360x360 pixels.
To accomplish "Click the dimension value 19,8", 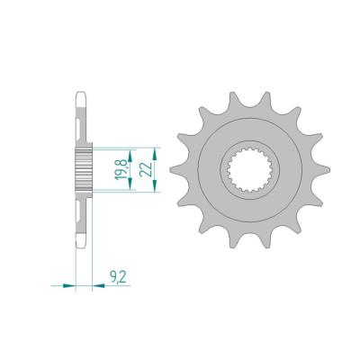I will [120, 168].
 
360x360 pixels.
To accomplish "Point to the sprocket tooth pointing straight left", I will [175, 168].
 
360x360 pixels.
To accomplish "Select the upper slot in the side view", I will [83, 120].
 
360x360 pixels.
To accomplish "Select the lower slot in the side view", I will [83, 217].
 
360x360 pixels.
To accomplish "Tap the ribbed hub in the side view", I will [83, 168].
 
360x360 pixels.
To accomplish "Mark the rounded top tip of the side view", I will [83, 92].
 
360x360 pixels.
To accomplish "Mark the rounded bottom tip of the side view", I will [83, 245].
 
